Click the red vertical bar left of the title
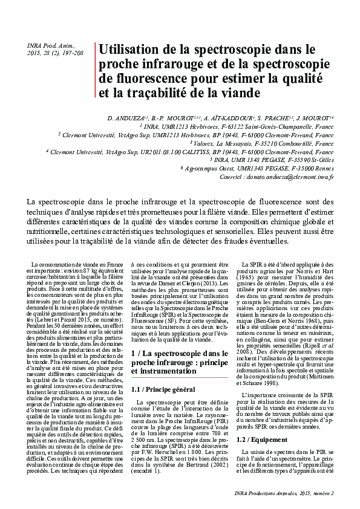[x=96, y=71]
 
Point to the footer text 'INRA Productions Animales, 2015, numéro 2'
[x=284, y=494]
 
